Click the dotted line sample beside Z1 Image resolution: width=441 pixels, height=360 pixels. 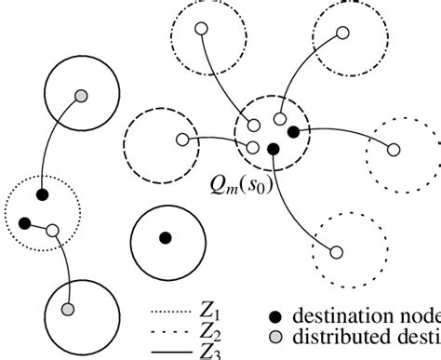(x=174, y=314)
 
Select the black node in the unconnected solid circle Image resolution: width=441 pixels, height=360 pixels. (x=165, y=239)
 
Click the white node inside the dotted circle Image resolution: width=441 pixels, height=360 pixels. (x=52, y=230)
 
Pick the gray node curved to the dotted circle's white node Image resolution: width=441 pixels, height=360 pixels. (x=67, y=309)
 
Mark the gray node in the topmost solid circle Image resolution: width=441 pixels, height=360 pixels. (x=82, y=96)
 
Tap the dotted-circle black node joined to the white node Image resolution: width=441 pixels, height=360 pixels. (x=24, y=222)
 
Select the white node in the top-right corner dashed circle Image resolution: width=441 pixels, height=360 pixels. (x=342, y=33)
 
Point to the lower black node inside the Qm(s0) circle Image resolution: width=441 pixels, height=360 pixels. (x=273, y=149)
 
